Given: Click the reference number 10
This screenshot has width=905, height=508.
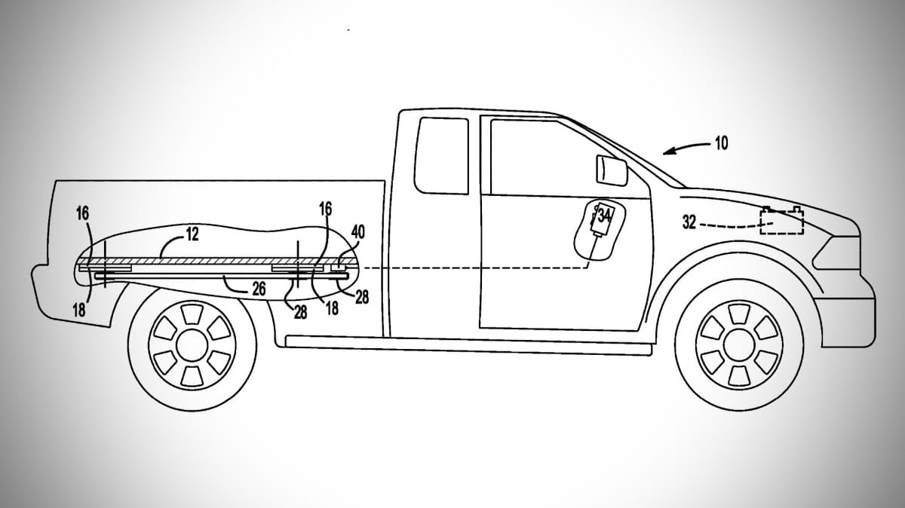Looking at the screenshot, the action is (x=722, y=143).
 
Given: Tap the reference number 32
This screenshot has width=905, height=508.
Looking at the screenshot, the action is (x=689, y=222).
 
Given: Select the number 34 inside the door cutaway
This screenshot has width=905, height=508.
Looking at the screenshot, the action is (x=603, y=216).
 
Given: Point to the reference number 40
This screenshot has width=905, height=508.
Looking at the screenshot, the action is (x=358, y=232).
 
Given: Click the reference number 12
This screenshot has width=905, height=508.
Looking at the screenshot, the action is (x=193, y=234).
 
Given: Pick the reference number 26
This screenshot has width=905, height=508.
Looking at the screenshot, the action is (x=259, y=289).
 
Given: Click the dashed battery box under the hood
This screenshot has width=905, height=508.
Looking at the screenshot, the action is (x=782, y=221).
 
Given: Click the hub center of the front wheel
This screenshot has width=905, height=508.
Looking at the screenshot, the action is (x=739, y=345).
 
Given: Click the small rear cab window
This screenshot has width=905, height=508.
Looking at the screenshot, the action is (x=441, y=155).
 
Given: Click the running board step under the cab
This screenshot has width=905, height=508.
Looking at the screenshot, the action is (x=468, y=345).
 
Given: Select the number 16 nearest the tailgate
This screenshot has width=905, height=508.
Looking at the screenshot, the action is (x=82, y=214).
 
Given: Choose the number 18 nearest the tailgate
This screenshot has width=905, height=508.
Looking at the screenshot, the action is (x=79, y=310).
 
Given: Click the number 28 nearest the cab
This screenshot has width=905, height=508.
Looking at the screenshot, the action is (x=361, y=298).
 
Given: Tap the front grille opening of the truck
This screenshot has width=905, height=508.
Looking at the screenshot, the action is (x=836, y=252).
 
